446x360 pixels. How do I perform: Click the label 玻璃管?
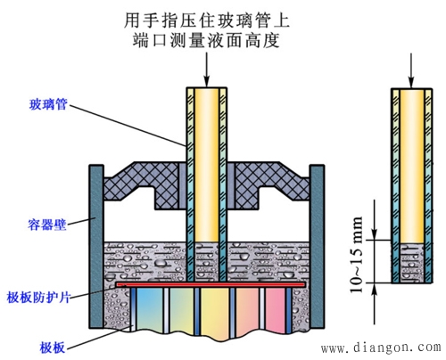[46, 104]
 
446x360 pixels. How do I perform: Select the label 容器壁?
[46, 217]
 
